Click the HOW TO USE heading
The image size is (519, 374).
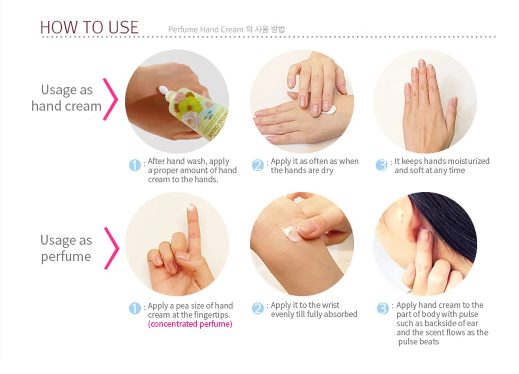click(89, 27)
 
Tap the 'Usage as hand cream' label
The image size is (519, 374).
click(67, 98)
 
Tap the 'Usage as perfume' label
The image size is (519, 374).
click(66, 248)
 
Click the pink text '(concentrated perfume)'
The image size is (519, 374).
click(190, 324)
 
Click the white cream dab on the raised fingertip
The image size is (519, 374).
click(191, 207)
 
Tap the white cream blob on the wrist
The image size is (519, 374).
click(291, 233)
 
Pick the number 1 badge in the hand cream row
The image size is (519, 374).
click(135, 165)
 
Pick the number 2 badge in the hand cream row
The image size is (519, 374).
click(258, 165)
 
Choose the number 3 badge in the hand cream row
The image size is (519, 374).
click(382, 165)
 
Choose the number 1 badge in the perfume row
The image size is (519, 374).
click(135, 308)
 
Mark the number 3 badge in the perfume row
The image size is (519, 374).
click(383, 308)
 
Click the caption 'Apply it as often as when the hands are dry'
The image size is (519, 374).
click(314, 166)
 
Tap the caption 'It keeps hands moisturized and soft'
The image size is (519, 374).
click(441, 166)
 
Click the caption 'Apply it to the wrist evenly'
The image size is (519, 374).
click(313, 310)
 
